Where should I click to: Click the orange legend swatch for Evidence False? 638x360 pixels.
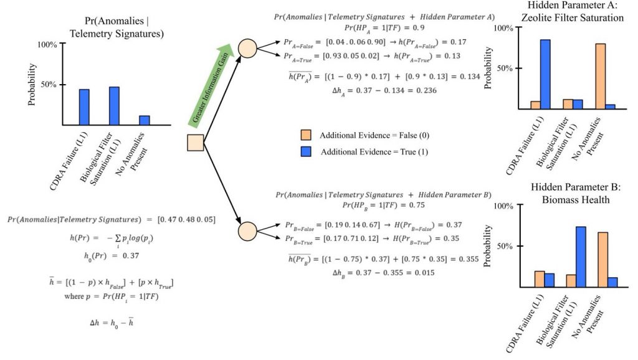click(x=305, y=135)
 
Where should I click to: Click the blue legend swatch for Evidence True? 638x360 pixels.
click(x=305, y=152)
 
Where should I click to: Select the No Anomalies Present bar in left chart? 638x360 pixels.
click(x=144, y=120)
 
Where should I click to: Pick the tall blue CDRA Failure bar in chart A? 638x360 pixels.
click(x=545, y=74)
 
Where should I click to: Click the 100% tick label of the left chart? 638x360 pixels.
click(x=47, y=45)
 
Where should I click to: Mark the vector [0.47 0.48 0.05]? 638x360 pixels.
click(x=185, y=220)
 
